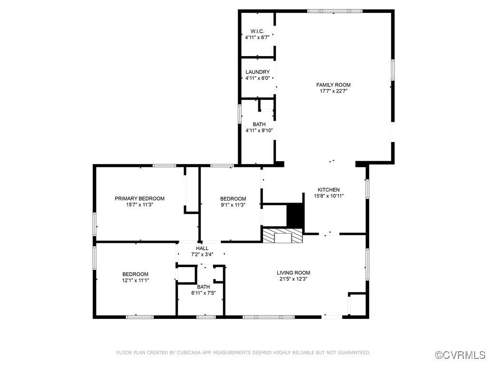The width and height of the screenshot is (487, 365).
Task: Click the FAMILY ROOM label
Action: (333, 85)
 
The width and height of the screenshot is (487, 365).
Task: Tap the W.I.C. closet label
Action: (257, 31)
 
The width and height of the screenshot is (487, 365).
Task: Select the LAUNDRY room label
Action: (257, 72)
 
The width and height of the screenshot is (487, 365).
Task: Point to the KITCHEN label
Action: (329, 190)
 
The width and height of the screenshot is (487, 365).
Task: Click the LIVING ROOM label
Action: (293, 273)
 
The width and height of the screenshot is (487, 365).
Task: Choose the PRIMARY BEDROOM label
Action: (139, 199)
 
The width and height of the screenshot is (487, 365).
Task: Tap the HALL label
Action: (202, 248)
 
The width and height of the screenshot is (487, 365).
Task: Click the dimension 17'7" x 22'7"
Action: (333, 91)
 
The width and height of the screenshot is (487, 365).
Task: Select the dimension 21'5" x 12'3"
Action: (293, 279)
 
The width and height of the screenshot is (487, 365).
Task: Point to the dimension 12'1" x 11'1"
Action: (136, 280)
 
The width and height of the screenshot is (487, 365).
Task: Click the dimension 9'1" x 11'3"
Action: (233, 205)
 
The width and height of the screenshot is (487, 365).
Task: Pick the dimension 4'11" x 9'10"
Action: (259, 131)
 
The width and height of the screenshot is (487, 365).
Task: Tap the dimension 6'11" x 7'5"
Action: (204, 293)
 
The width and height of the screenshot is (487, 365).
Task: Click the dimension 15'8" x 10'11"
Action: (329, 196)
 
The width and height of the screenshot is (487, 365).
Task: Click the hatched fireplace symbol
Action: (282, 236)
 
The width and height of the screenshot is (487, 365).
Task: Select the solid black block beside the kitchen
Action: (294, 215)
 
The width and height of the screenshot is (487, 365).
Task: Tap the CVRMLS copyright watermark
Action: (460, 355)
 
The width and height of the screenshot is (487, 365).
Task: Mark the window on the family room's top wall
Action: (335, 11)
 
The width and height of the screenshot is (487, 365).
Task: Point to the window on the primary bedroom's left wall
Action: (95, 224)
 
